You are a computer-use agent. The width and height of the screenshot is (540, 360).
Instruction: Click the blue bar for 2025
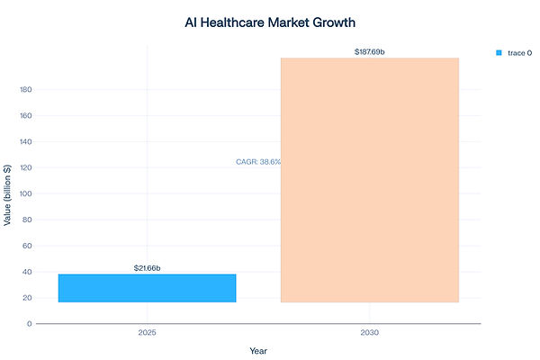point(147,288)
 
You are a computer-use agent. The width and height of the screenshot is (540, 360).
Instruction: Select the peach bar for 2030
point(369,180)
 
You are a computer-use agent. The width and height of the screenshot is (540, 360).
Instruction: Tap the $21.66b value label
point(147,268)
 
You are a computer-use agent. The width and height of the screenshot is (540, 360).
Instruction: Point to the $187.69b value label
point(370,52)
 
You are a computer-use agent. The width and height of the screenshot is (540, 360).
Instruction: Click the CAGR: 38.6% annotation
point(257,162)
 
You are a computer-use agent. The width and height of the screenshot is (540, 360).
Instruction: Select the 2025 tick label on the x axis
point(147,333)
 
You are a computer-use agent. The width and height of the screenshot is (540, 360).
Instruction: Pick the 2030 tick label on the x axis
point(369,333)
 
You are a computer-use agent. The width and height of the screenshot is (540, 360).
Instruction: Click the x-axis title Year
point(258,351)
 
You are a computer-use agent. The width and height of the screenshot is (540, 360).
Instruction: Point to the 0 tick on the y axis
point(29,323)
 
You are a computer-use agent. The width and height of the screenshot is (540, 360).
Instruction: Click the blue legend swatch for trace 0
point(499,53)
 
